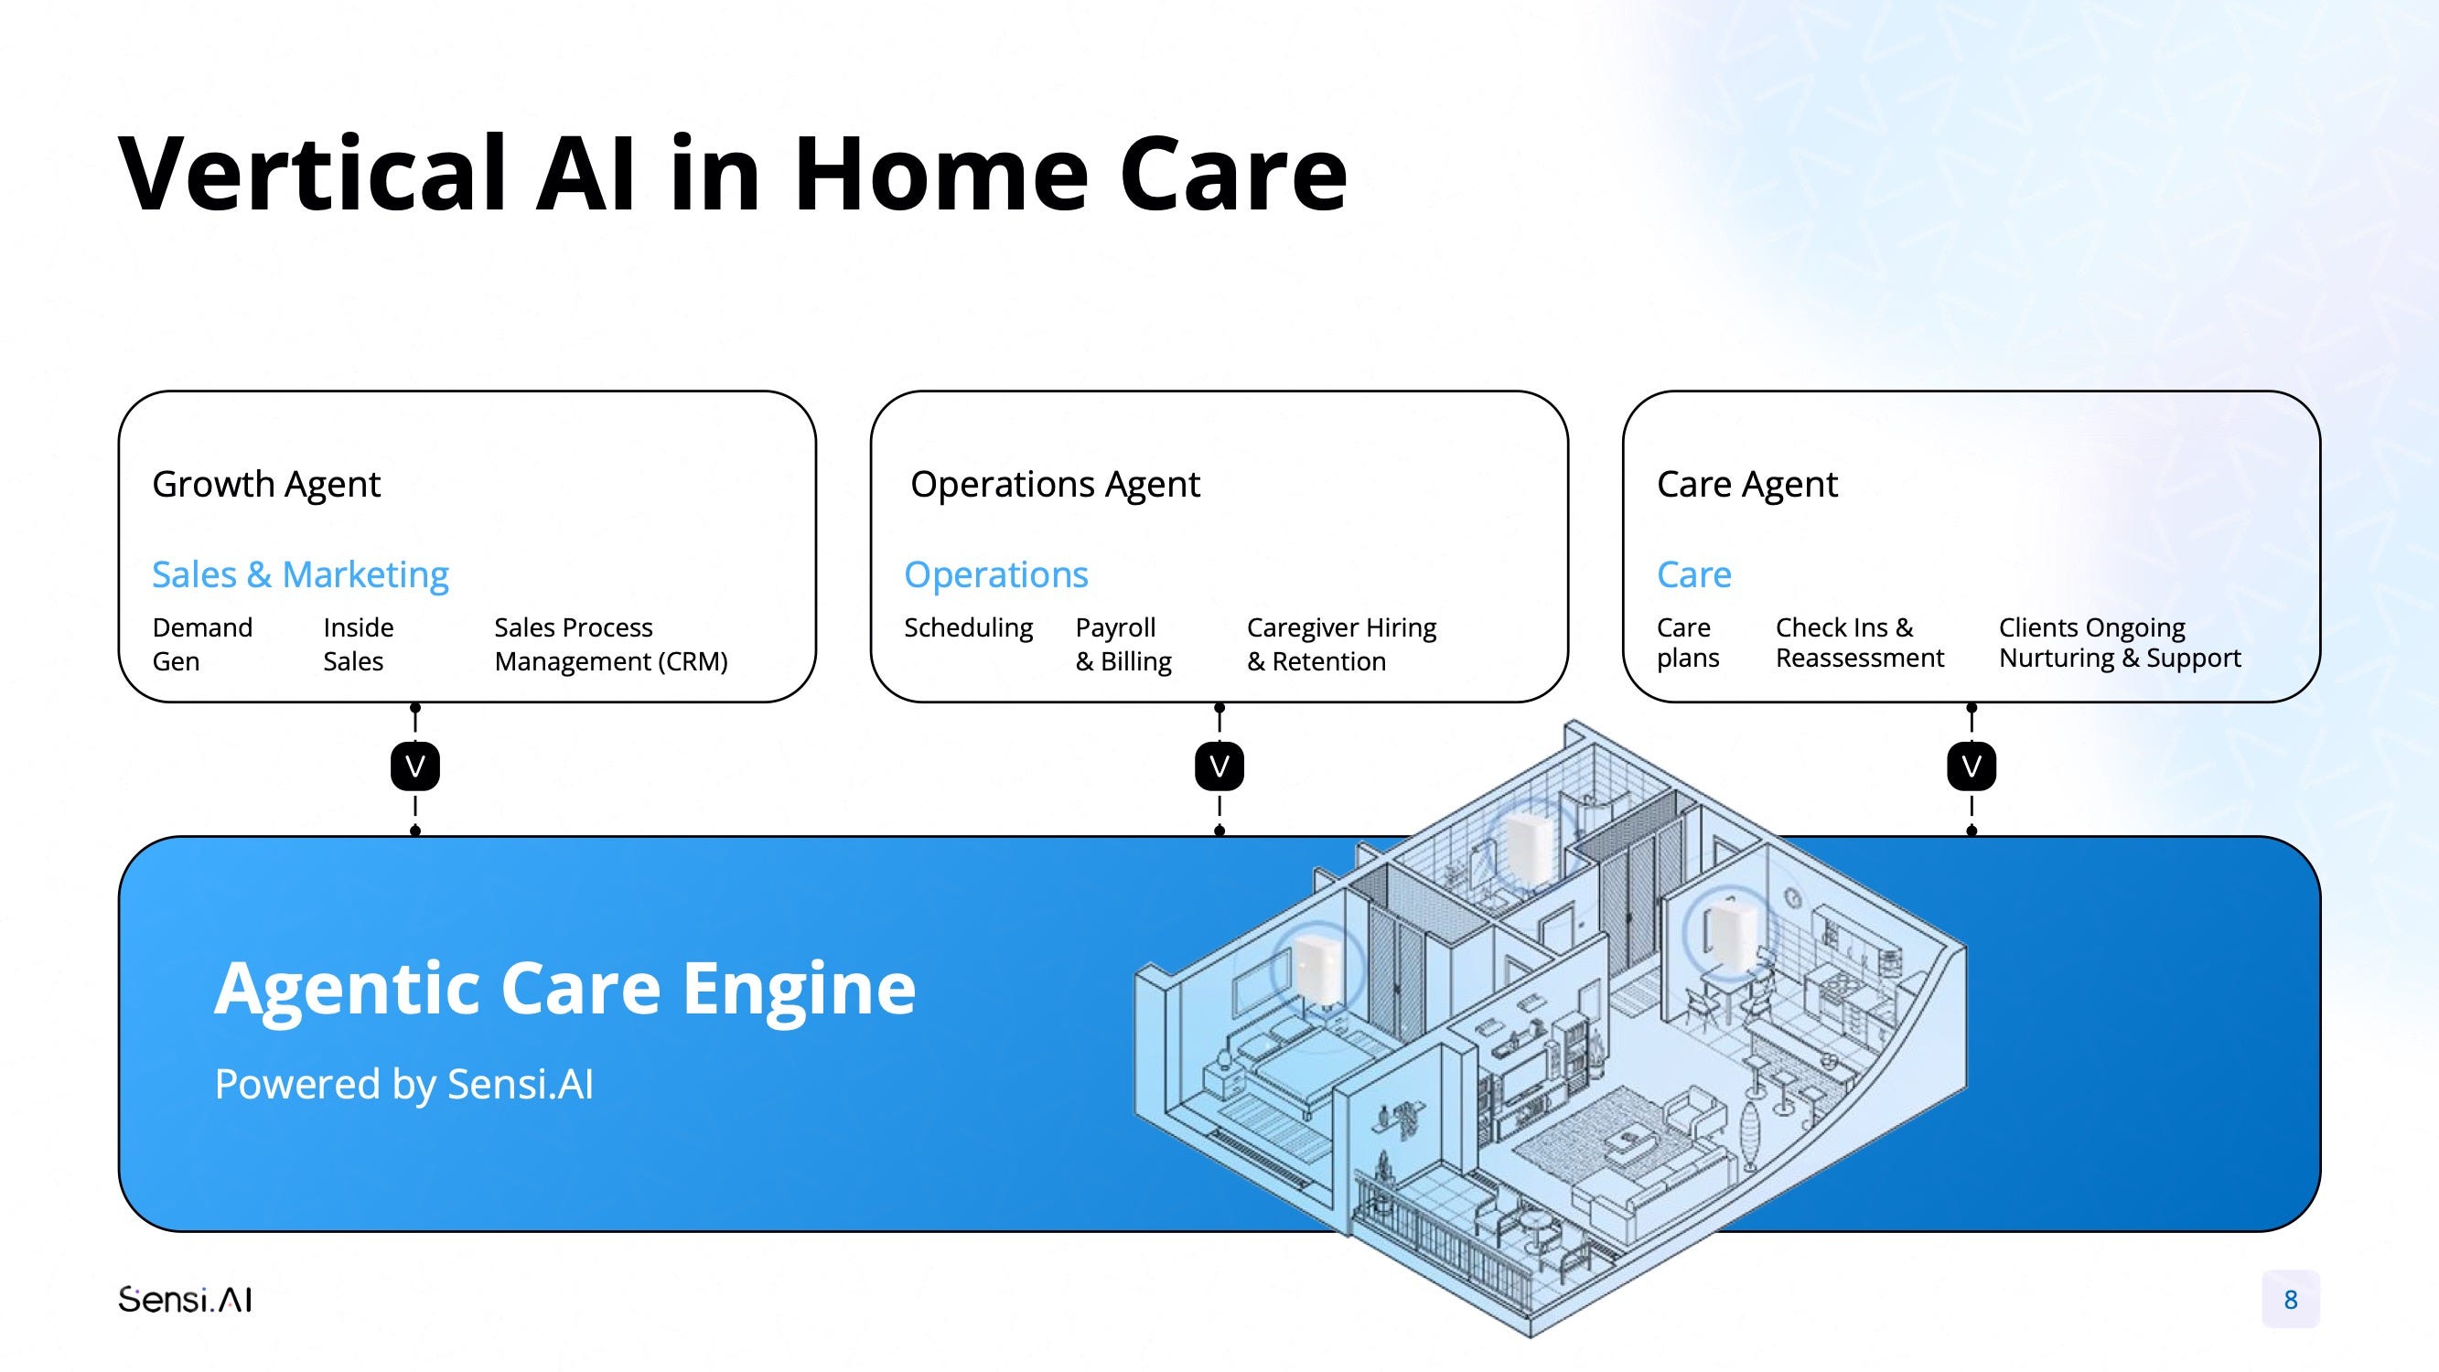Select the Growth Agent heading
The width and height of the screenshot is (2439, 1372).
click(x=266, y=485)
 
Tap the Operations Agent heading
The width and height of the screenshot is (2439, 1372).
click(x=1055, y=485)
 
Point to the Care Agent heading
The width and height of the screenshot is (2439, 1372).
click(x=1746, y=485)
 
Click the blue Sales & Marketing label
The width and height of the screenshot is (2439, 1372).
click(x=300, y=574)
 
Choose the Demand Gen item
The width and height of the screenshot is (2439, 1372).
click(x=202, y=644)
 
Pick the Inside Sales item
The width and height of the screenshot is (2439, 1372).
click(x=358, y=644)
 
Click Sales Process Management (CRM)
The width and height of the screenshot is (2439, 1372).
click(x=611, y=644)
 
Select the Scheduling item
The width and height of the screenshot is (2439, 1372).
click(x=968, y=627)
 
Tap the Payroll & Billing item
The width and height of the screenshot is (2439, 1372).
click(x=1123, y=644)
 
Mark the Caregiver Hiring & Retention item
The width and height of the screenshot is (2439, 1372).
click(x=1340, y=644)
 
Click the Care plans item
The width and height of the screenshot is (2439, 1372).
click(x=1687, y=642)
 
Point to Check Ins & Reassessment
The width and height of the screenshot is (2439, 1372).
click(x=1860, y=642)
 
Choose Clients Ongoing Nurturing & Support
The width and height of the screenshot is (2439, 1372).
click(x=2119, y=642)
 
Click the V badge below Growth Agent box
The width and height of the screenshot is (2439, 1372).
click(x=414, y=766)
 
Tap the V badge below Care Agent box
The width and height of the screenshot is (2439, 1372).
click(x=1972, y=766)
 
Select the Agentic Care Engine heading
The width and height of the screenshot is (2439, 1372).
click(x=565, y=989)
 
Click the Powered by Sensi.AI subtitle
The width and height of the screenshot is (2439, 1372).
click(x=404, y=1084)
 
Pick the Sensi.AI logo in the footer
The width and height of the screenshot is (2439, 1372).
click(x=185, y=1299)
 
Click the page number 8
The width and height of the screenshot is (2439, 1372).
click(x=2291, y=1299)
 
